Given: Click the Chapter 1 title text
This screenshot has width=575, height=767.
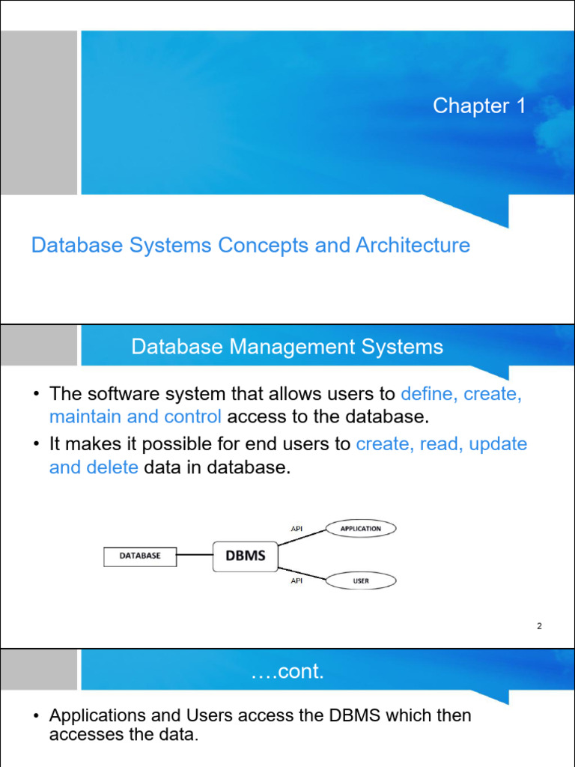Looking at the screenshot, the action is pyautogui.click(x=479, y=106).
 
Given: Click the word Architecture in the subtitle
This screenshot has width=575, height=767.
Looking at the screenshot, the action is pyautogui.click(x=413, y=245).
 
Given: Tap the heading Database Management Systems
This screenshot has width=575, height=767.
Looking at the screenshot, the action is pyautogui.click(x=287, y=347).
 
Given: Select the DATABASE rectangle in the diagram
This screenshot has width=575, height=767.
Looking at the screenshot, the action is pyautogui.click(x=140, y=557).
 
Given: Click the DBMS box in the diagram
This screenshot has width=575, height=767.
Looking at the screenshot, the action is pyautogui.click(x=246, y=557).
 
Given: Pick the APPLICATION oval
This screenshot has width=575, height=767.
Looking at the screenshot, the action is pyautogui.click(x=361, y=529).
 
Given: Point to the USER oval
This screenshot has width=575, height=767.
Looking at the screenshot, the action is pyautogui.click(x=361, y=580).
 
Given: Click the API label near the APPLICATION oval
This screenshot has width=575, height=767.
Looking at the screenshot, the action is pyautogui.click(x=296, y=529).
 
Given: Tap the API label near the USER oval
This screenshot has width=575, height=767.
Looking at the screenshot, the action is pyautogui.click(x=296, y=580).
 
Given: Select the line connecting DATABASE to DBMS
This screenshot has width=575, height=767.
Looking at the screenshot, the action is pyautogui.click(x=195, y=555).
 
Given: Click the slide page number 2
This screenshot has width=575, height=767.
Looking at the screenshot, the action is pyautogui.click(x=539, y=625).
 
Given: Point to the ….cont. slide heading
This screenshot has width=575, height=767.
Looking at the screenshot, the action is pyautogui.click(x=287, y=672).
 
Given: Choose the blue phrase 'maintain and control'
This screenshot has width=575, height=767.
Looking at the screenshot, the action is pyautogui.click(x=136, y=416).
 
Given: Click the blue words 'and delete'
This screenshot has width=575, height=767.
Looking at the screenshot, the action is pyautogui.click(x=94, y=467).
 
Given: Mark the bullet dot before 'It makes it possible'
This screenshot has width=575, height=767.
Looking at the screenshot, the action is pyautogui.click(x=36, y=444).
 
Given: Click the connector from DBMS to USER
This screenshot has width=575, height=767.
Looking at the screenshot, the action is pyautogui.click(x=302, y=574).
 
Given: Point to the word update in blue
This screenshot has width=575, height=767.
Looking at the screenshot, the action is pyautogui.click(x=498, y=444).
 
